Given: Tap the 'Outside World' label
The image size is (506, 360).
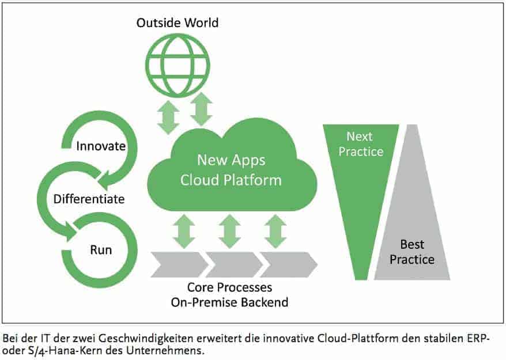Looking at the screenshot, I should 177,24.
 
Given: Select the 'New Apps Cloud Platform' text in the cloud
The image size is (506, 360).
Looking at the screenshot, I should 231,169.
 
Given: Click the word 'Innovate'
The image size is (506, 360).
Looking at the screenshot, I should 101,146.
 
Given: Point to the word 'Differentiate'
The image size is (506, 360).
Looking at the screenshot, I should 89,199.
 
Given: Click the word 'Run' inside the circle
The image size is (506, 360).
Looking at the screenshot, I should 101,250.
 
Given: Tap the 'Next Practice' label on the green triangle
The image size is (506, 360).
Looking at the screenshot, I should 361,144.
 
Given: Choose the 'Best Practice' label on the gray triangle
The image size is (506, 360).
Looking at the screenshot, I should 412,252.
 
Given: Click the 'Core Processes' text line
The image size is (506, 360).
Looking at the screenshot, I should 230,287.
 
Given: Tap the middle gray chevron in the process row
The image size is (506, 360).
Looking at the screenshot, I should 231,264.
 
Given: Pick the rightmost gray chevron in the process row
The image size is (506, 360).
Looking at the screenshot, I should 286,264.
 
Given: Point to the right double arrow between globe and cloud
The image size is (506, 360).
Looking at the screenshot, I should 201,109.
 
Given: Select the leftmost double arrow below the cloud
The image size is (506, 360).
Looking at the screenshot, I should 183,230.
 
